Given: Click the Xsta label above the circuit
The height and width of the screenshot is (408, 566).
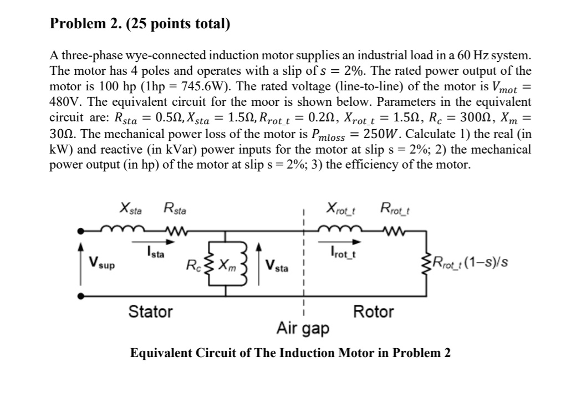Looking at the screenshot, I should point(131,210).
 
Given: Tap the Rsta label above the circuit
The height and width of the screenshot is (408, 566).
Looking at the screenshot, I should point(175,210).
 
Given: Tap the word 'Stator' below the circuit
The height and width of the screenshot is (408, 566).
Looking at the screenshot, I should point(150,312).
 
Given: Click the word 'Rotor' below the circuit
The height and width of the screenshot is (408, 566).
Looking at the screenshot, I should point(373,312).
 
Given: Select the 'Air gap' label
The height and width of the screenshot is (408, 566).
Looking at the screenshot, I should point(303,329).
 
